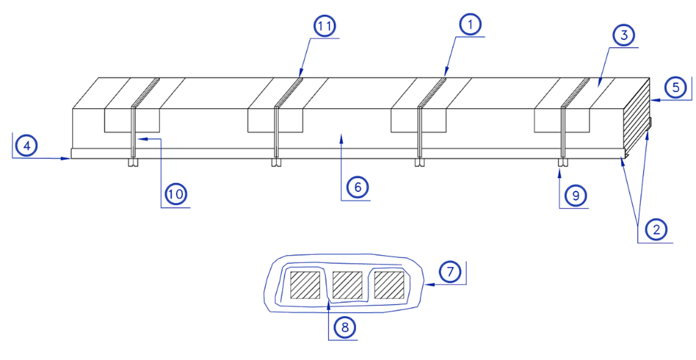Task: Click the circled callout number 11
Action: point(324,26)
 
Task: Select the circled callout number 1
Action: point(471,25)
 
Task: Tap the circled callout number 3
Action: point(624,35)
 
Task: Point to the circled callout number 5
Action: point(676,88)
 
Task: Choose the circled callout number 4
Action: point(27,146)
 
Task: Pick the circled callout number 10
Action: point(176,194)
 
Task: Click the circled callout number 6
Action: point(358,187)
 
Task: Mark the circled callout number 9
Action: point(576,196)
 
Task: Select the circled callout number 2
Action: point(656,230)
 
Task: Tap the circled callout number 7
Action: point(450,272)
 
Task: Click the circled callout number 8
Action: point(345,327)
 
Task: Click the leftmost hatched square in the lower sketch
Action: point(305,285)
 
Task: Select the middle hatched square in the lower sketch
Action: point(347,285)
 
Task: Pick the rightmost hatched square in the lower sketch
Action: point(389,285)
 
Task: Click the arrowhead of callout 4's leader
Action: point(66,159)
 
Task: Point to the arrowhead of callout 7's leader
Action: point(430,284)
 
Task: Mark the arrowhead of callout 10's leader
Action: point(143,139)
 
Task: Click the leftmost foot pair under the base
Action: point(133,163)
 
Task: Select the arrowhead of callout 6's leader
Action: point(342,139)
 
